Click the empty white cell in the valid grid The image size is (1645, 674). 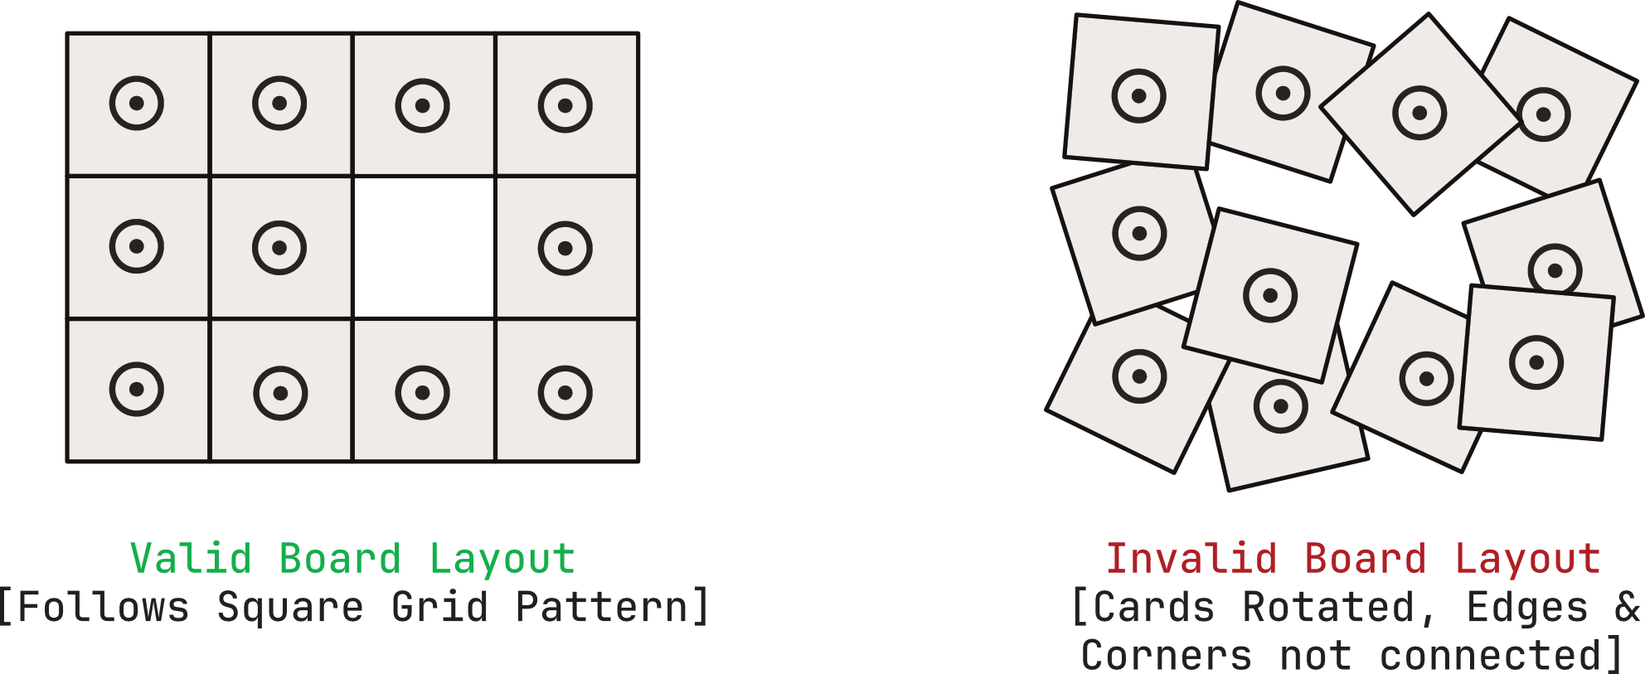[424, 247]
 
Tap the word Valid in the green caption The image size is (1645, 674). [191, 559]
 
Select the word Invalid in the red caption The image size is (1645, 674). [1191, 559]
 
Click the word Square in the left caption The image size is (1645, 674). [289, 608]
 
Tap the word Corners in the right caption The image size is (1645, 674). [1166, 655]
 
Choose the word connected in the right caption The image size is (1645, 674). [1489, 655]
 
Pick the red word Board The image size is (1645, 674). [1365, 559]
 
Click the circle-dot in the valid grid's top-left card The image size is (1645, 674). [137, 104]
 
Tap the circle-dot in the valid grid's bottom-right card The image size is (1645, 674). [565, 392]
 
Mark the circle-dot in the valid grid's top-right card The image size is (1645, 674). [565, 105]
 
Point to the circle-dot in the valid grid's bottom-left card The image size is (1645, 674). [137, 389]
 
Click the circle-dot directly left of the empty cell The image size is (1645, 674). [279, 247]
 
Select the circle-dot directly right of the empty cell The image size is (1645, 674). [565, 248]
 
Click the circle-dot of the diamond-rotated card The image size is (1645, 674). [1419, 113]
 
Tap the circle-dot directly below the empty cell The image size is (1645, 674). [423, 392]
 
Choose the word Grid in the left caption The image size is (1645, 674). [439, 608]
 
